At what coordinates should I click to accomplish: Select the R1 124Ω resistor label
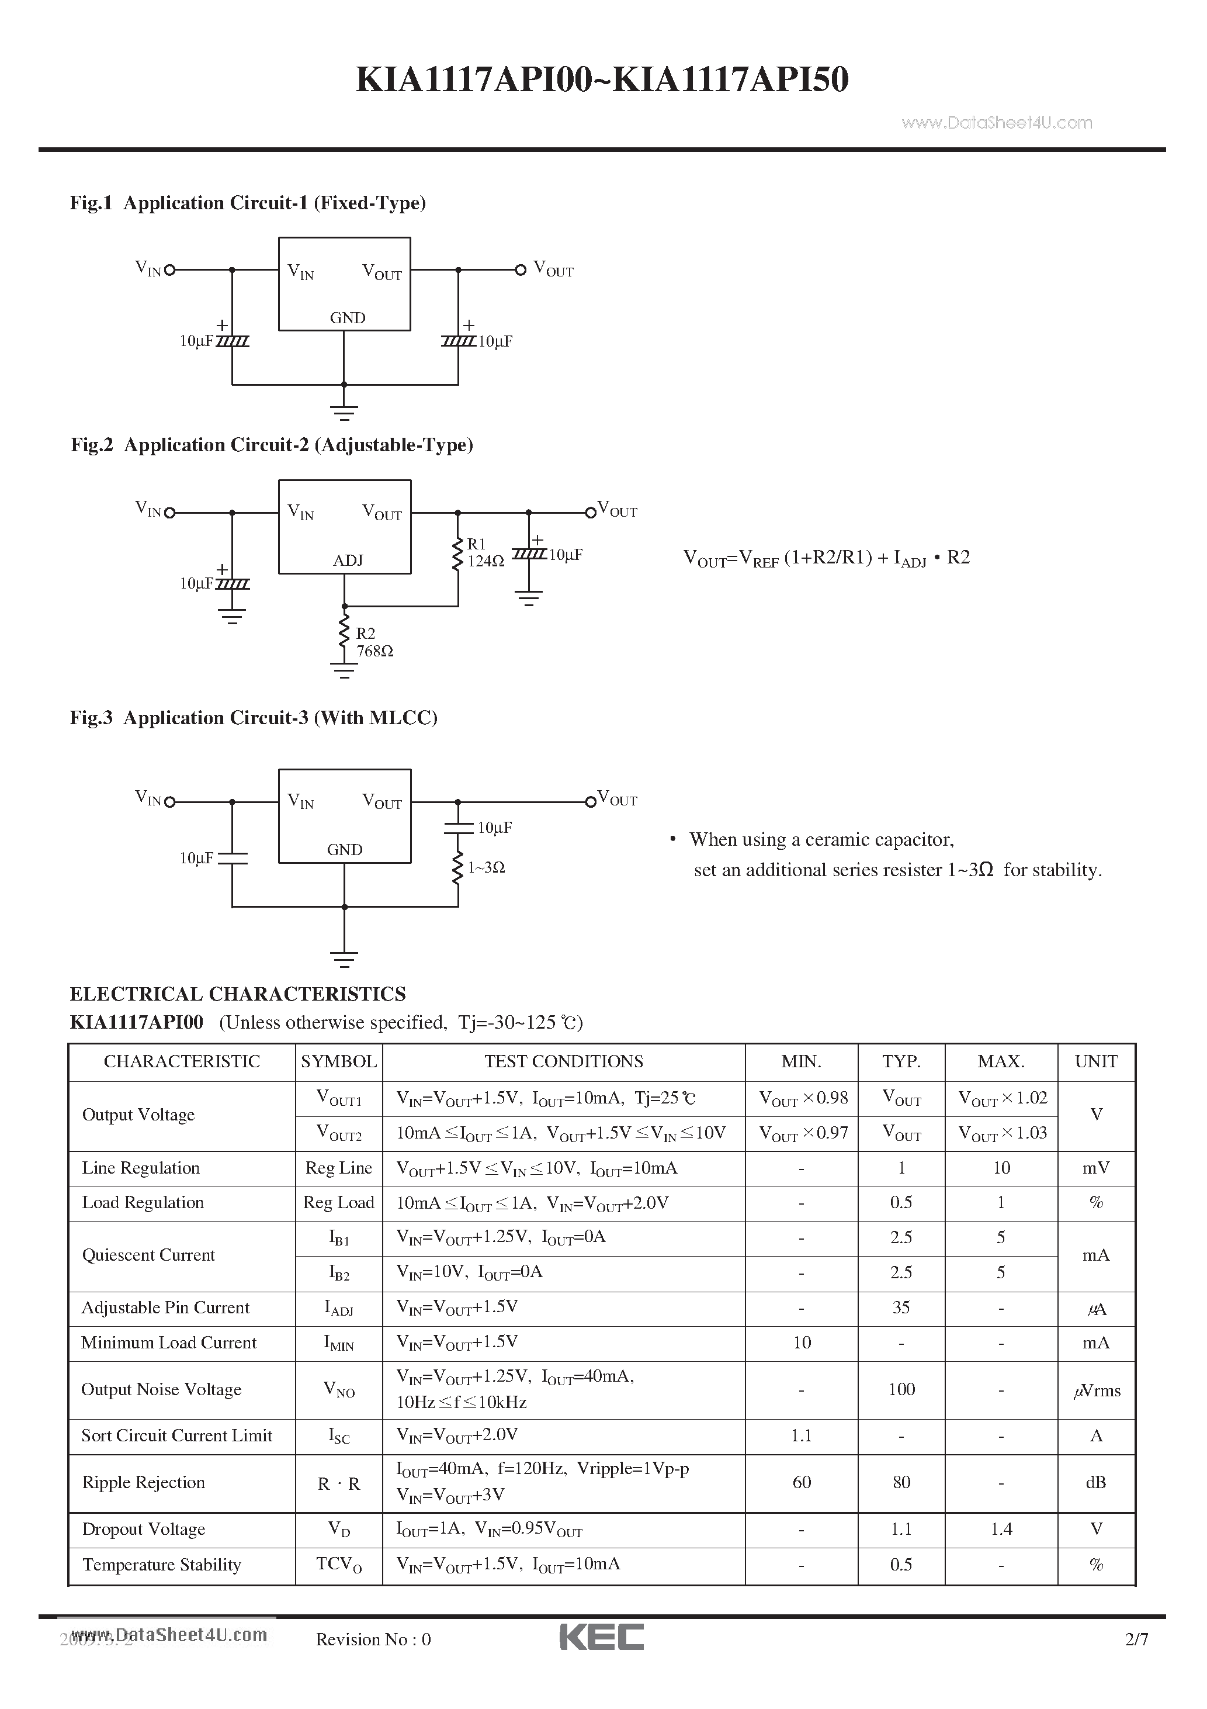[x=485, y=553]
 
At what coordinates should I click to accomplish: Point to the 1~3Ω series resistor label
[x=487, y=867]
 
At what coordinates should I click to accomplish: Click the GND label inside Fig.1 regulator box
[x=348, y=318]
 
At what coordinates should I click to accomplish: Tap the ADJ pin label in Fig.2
[x=348, y=561]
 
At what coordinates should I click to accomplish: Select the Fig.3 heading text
[x=253, y=718]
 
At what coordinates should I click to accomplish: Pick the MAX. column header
[x=1001, y=1061]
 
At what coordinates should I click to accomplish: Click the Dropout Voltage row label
[x=144, y=1529]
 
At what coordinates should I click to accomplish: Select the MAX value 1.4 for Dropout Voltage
[x=1001, y=1529]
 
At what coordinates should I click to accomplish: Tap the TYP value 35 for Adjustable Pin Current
[x=901, y=1308]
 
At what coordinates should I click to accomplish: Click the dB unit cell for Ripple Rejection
[x=1095, y=1482]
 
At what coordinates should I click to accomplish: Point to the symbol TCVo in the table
[x=339, y=1564]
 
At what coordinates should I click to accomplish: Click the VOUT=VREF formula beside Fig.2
[x=826, y=558]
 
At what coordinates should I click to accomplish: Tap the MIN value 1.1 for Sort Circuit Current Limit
[x=802, y=1435]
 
